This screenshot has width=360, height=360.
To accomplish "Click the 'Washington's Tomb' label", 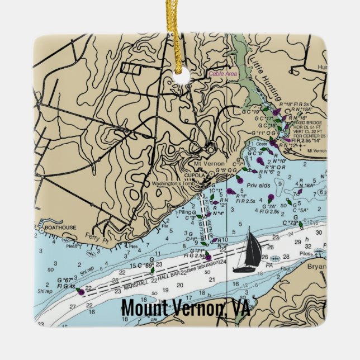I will click(x=174, y=184).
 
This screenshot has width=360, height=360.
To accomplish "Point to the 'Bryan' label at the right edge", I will click(x=314, y=267).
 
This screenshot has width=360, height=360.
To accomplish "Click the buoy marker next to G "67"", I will click(x=80, y=291).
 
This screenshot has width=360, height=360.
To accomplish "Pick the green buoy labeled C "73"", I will click(x=301, y=225).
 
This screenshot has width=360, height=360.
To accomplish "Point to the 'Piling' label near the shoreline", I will click(x=184, y=212).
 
